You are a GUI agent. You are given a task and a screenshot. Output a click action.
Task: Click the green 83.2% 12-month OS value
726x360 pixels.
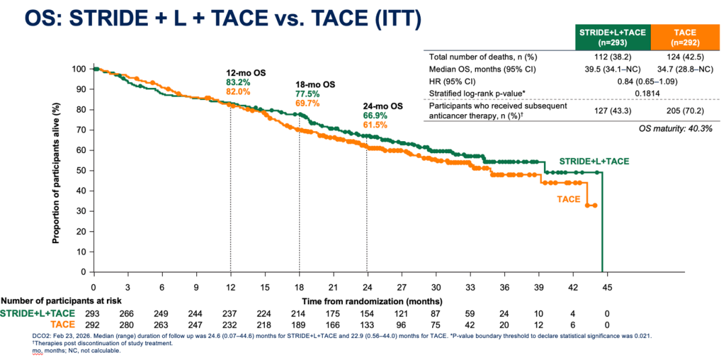pos(237,83)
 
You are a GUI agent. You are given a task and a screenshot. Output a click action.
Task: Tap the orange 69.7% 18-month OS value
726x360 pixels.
pos(306,103)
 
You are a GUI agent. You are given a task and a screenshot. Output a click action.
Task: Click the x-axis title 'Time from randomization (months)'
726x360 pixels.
pos(372,301)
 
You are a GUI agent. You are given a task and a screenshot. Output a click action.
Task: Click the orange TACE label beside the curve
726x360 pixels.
pos(569,199)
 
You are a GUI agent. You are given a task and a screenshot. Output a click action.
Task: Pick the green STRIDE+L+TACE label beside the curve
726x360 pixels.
pos(594,161)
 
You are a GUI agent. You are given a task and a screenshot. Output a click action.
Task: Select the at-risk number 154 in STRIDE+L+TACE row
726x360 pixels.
pos(367,313)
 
